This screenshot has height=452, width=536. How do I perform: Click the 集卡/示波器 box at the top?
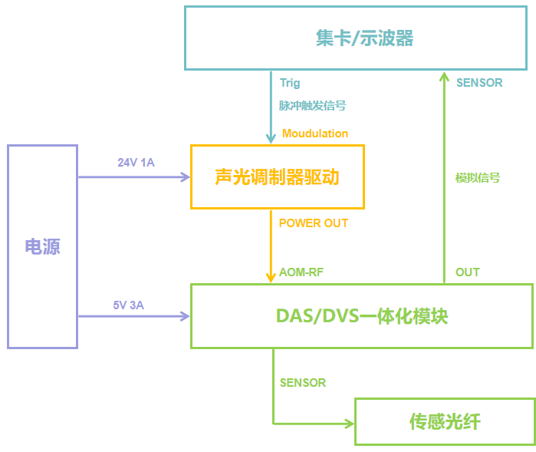(x=359, y=38)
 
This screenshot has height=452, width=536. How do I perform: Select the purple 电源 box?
(x=42, y=246)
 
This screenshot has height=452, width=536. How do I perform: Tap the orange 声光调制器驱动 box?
(x=277, y=177)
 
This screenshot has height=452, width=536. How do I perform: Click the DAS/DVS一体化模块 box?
(x=361, y=315)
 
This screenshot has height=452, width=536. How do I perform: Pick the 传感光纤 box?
(x=445, y=421)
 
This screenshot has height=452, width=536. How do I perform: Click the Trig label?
(x=290, y=83)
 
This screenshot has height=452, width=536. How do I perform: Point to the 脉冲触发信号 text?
(x=307, y=106)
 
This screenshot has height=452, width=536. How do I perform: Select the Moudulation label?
(x=315, y=134)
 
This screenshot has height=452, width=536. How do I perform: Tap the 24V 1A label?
(x=136, y=163)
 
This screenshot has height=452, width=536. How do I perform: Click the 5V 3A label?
(x=129, y=305)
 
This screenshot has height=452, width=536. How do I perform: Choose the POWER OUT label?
(x=313, y=223)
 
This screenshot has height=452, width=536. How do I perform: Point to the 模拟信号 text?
(x=478, y=177)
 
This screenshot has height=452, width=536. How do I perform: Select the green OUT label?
(x=468, y=272)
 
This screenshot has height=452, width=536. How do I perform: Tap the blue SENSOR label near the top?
(x=479, y=83)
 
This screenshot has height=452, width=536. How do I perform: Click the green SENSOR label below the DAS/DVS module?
(x=303, y=382)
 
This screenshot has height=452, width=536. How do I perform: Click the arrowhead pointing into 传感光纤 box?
(x=350, y=423)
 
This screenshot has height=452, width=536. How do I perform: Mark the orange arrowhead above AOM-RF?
(x=271, y=277)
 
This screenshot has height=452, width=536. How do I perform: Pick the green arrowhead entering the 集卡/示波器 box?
(x=444, y=76)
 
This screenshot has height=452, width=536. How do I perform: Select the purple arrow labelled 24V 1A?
(x=134, y=177)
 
